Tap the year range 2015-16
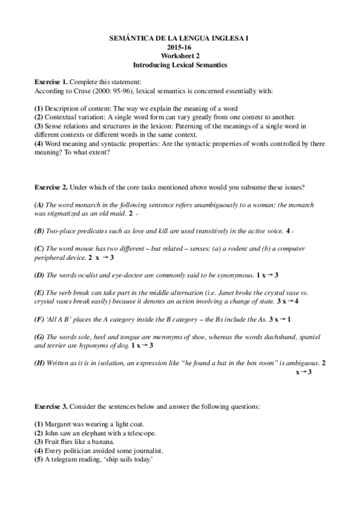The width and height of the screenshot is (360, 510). coord(180,46)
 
